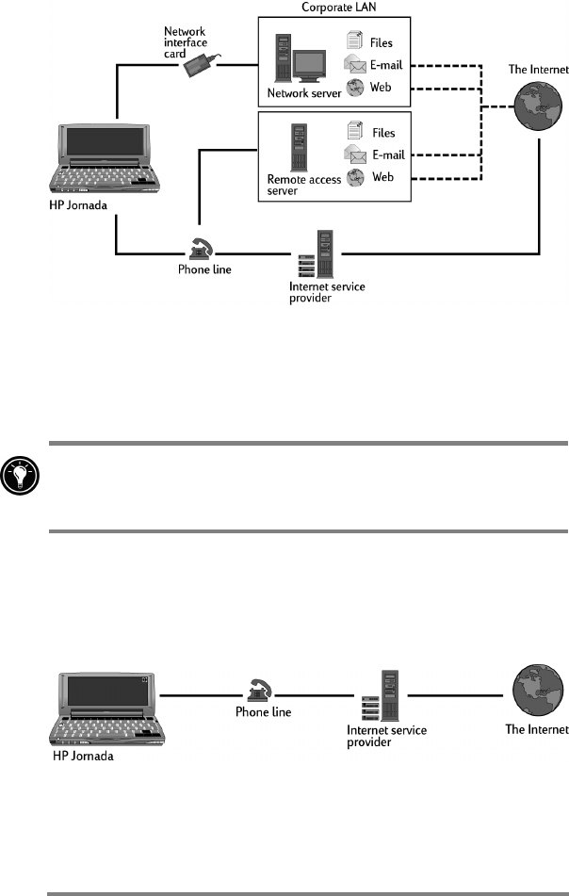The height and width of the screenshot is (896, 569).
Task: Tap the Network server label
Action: point(304,93)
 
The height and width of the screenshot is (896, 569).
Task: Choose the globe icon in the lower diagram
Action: point(536,694)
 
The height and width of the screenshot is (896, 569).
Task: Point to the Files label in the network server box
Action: point(382,42)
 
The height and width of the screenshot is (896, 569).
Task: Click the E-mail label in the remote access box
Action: point(386,155)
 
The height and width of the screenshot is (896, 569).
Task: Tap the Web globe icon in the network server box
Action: point(355,88)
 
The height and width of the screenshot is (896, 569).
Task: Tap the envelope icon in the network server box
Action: point(355,64)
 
